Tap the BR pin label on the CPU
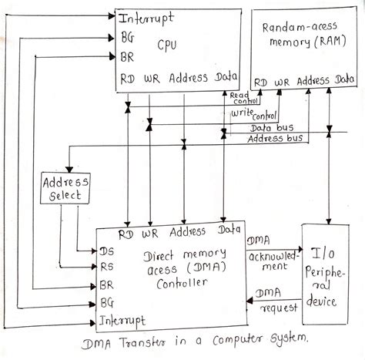point(126,56)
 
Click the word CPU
point(167,45)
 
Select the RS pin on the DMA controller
point(107,267)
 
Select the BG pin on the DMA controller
point(107,302)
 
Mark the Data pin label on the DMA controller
point(229,230)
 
